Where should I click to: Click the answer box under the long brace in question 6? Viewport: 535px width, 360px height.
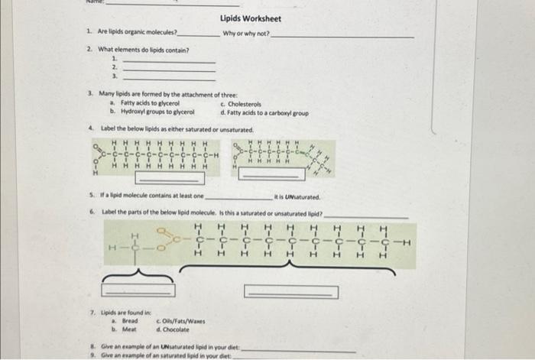point(280,291)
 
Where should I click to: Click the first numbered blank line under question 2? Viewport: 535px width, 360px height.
point(169,60)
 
